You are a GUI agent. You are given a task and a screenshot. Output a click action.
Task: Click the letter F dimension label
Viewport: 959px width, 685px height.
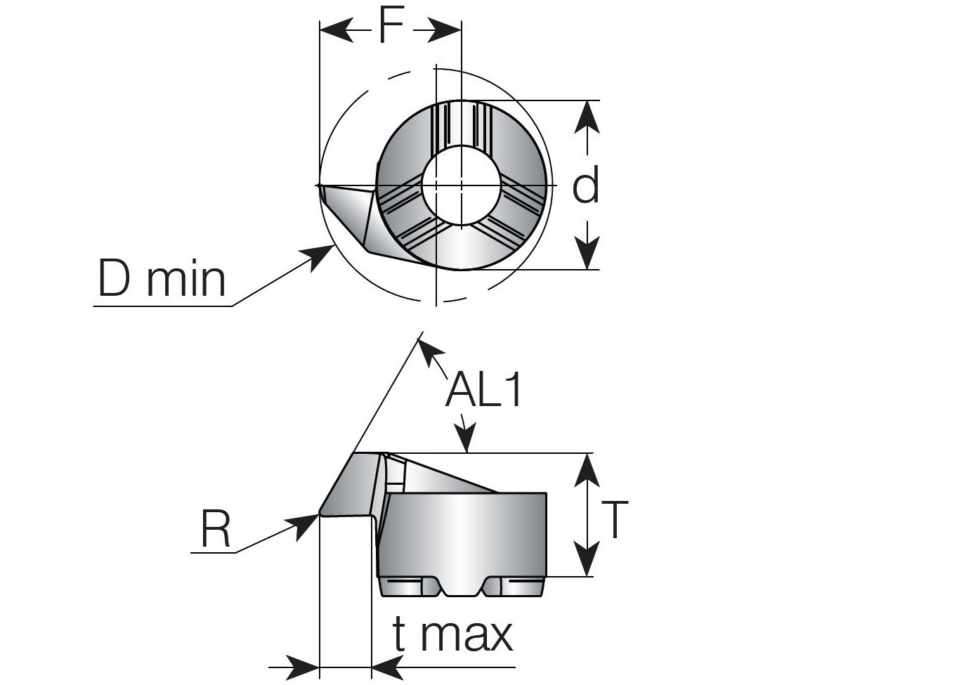[391, 27]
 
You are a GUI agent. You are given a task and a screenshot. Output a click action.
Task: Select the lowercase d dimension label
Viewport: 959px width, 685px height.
[586, 185]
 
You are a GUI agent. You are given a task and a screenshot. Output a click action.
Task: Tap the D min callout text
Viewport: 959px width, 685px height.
[162, 279]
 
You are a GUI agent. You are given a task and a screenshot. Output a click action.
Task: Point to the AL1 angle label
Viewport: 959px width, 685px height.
[484, 390]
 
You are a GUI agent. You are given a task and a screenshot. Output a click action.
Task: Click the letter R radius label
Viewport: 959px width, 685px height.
[216, 529]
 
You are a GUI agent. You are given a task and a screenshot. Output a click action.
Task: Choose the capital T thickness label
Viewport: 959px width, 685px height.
[614, 520]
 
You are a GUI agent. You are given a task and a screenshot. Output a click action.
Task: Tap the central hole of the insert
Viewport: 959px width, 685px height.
[462, 185]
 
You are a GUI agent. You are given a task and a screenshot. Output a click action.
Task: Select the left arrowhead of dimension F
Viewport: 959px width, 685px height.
[336, 30]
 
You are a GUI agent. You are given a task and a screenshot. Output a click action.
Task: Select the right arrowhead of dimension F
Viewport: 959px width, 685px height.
[445, 30]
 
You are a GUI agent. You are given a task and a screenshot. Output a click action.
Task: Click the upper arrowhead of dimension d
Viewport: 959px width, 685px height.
[587, 116]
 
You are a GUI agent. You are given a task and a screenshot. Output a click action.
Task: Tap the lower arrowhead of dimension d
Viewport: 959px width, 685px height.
[587, 254]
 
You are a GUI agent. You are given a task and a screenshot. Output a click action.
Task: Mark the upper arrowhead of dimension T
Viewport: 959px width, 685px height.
[587, 469]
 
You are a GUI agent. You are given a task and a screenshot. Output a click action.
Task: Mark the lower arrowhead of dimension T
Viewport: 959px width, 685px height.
[587, 561]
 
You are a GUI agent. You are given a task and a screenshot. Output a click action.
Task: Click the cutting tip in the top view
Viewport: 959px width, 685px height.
[319, 186]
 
